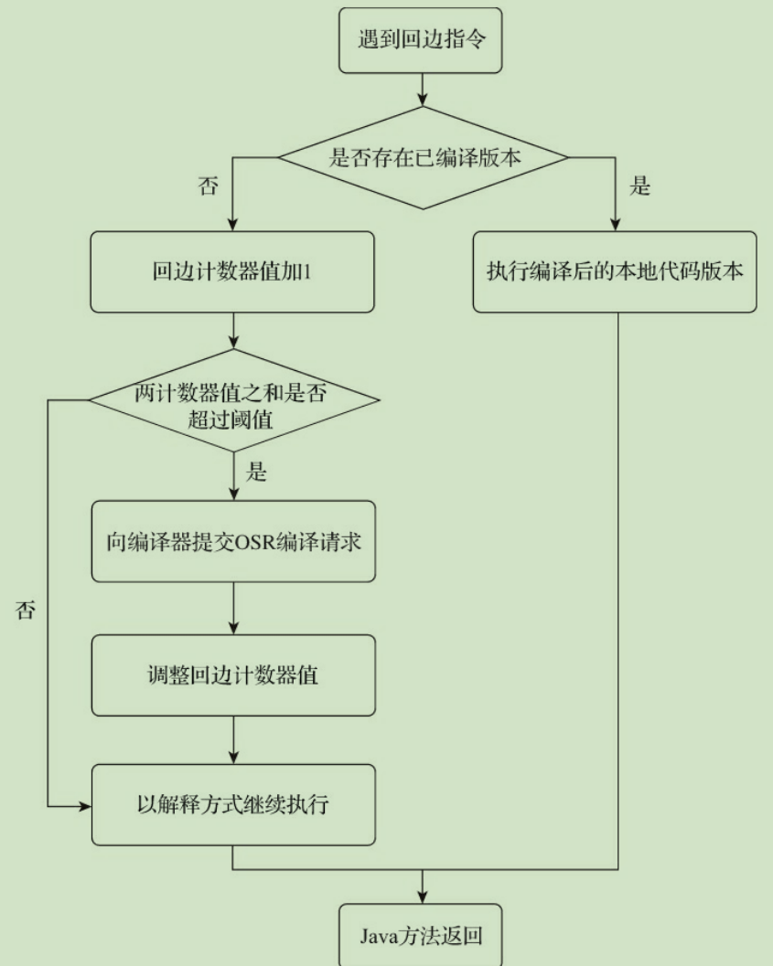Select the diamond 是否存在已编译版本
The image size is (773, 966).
424,156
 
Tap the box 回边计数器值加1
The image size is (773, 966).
232,272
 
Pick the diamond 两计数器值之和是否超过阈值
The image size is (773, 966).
232,400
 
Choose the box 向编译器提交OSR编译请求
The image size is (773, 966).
232,540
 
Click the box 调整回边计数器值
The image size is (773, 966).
232,676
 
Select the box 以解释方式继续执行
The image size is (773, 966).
232,805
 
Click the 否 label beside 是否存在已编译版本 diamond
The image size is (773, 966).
209,186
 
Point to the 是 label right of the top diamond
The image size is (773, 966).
640,186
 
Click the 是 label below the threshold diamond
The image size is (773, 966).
258,474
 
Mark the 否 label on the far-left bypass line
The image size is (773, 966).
26,610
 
